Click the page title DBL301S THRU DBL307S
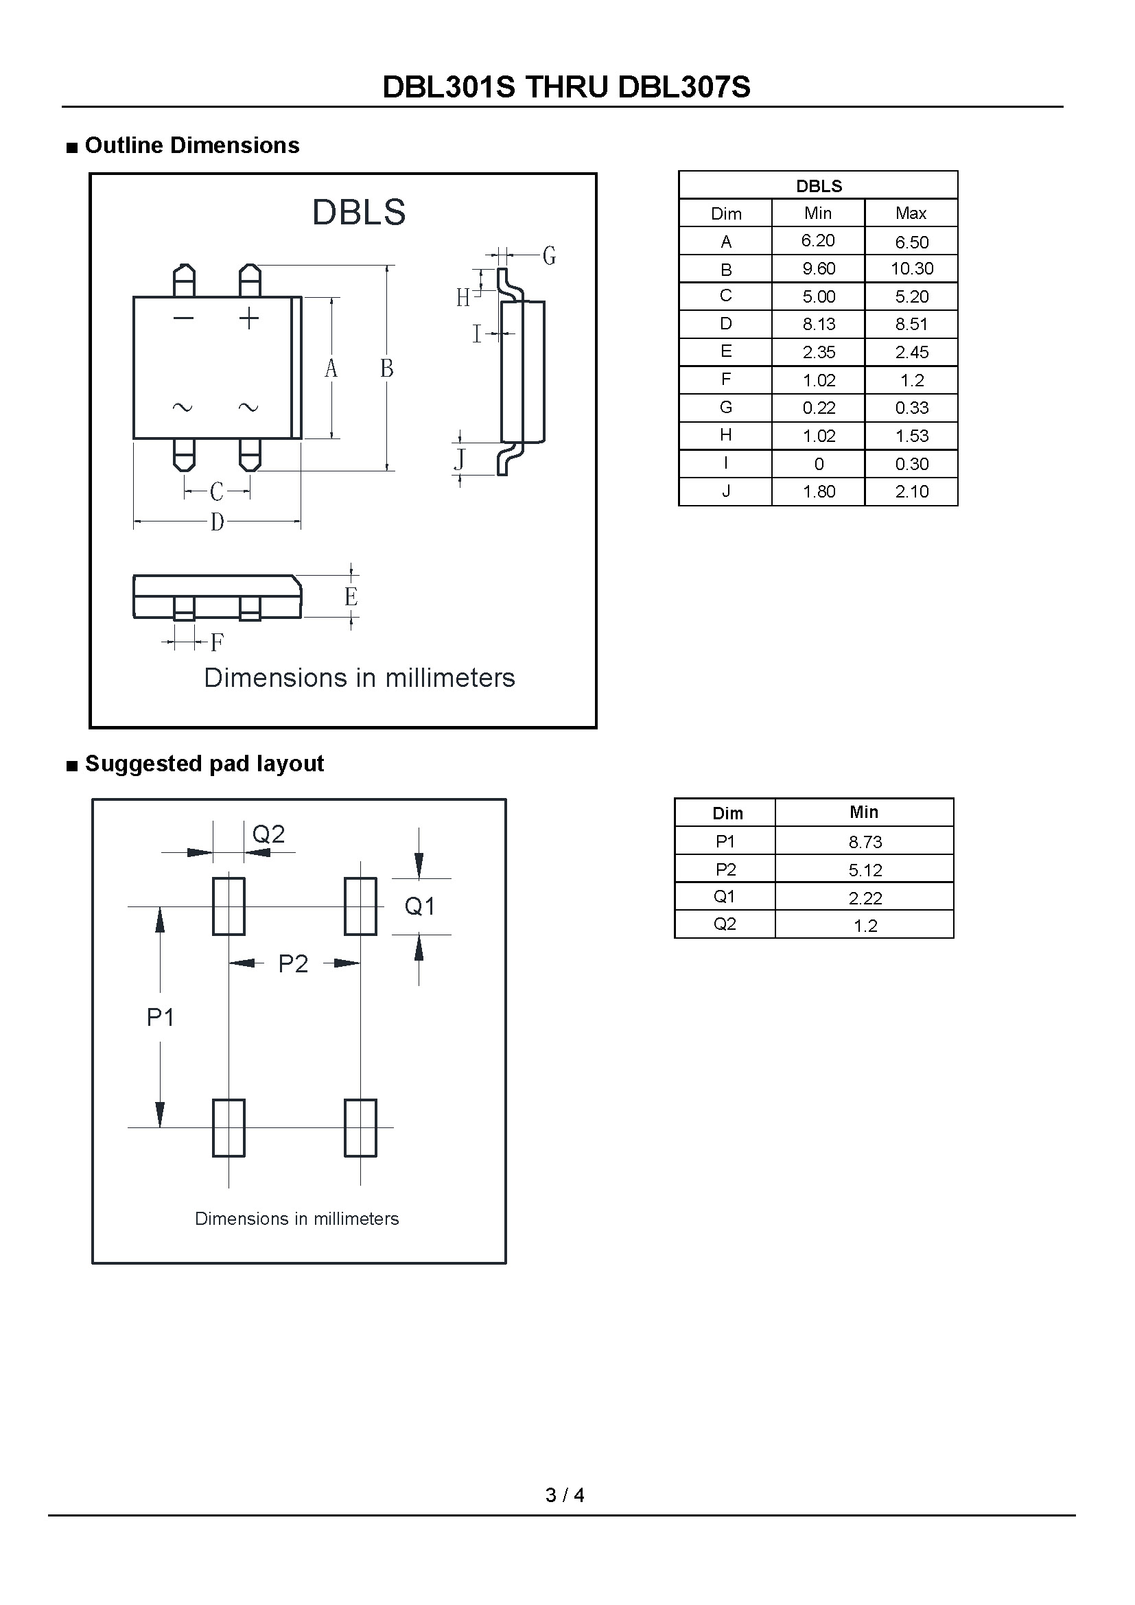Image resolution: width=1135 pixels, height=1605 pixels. point(566,87)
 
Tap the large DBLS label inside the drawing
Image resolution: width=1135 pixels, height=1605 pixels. point(358,212)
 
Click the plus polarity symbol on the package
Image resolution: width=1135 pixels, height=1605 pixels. point(249,320)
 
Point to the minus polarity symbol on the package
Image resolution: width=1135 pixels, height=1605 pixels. point(183,319)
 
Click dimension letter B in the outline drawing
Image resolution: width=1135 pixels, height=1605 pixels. point(386,368)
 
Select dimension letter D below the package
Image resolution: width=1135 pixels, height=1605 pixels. point(218,522)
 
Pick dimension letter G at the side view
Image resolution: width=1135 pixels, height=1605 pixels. point(550,256)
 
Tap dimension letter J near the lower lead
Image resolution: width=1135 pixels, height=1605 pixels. point(460,459)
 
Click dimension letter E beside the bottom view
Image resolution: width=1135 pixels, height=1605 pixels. point(351,596)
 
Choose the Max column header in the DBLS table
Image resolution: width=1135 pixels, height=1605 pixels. point(911,213)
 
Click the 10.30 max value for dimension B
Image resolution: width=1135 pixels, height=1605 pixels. point(911,268)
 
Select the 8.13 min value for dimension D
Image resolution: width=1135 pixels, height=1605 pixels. point(819,325)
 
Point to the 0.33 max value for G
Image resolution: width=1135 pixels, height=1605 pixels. point(911,408)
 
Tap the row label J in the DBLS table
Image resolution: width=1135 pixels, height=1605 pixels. point(726,491)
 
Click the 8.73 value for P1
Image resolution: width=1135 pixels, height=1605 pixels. point(865,843)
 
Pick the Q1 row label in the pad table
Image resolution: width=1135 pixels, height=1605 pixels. point(725,897)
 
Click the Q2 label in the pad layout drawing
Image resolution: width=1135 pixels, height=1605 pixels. point(268,834)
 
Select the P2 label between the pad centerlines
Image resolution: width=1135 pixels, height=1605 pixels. point(293,964)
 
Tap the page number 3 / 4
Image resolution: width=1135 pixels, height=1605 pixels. point(565,1495)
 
